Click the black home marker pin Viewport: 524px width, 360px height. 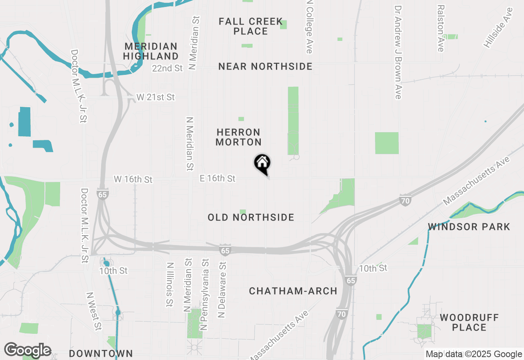[262, 163]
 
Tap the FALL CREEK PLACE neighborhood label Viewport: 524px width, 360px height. [251, 26]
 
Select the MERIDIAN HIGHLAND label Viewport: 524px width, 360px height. [151, 51]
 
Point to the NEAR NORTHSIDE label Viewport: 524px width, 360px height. [265, 66]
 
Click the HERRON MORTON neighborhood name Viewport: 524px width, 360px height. [238, 137]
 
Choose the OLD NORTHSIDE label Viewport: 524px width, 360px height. [251, 217]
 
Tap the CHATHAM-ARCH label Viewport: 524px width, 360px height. [293, 291]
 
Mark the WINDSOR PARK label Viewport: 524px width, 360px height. [469, 227]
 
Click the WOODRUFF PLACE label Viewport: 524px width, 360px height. [469, 322]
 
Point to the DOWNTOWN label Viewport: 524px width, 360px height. [101, 353]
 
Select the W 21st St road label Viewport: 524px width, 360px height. [156, 97]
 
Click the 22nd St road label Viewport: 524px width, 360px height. [167, 68]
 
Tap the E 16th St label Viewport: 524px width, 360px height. [217, 178]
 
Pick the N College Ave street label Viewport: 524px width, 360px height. [309, 27]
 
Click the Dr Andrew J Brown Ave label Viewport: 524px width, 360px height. [398, 52]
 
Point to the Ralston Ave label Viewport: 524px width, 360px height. [440, 28]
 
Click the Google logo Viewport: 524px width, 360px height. [27, 350]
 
